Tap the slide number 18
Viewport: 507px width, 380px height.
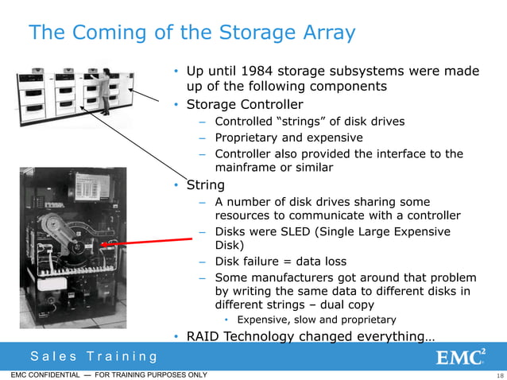point(499,375)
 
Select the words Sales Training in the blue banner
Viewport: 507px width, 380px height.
point(94,357)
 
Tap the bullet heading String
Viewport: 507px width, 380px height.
point(204,185)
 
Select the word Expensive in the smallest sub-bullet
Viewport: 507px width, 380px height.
point(264,320)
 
